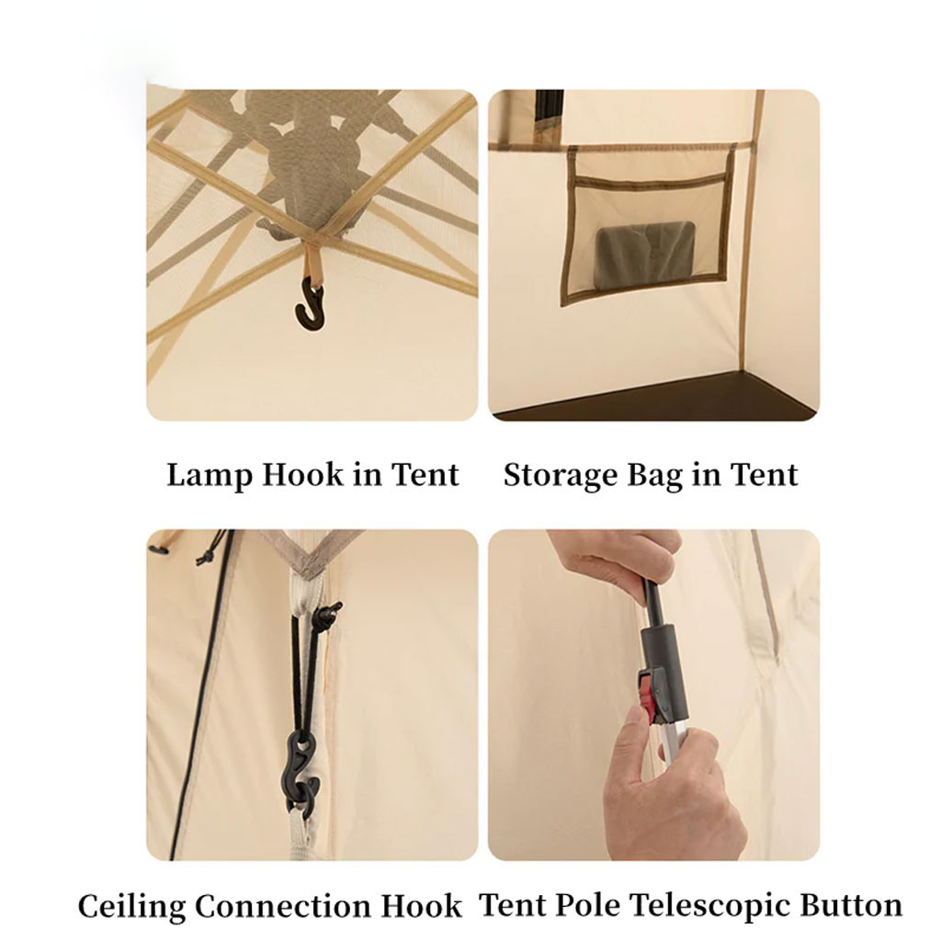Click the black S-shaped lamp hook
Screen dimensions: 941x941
coord(311,306)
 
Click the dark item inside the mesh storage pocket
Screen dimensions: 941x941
coord(646,252)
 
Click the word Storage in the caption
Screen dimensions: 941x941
coord(561,476)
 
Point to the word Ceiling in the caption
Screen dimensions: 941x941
coord(132,905)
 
